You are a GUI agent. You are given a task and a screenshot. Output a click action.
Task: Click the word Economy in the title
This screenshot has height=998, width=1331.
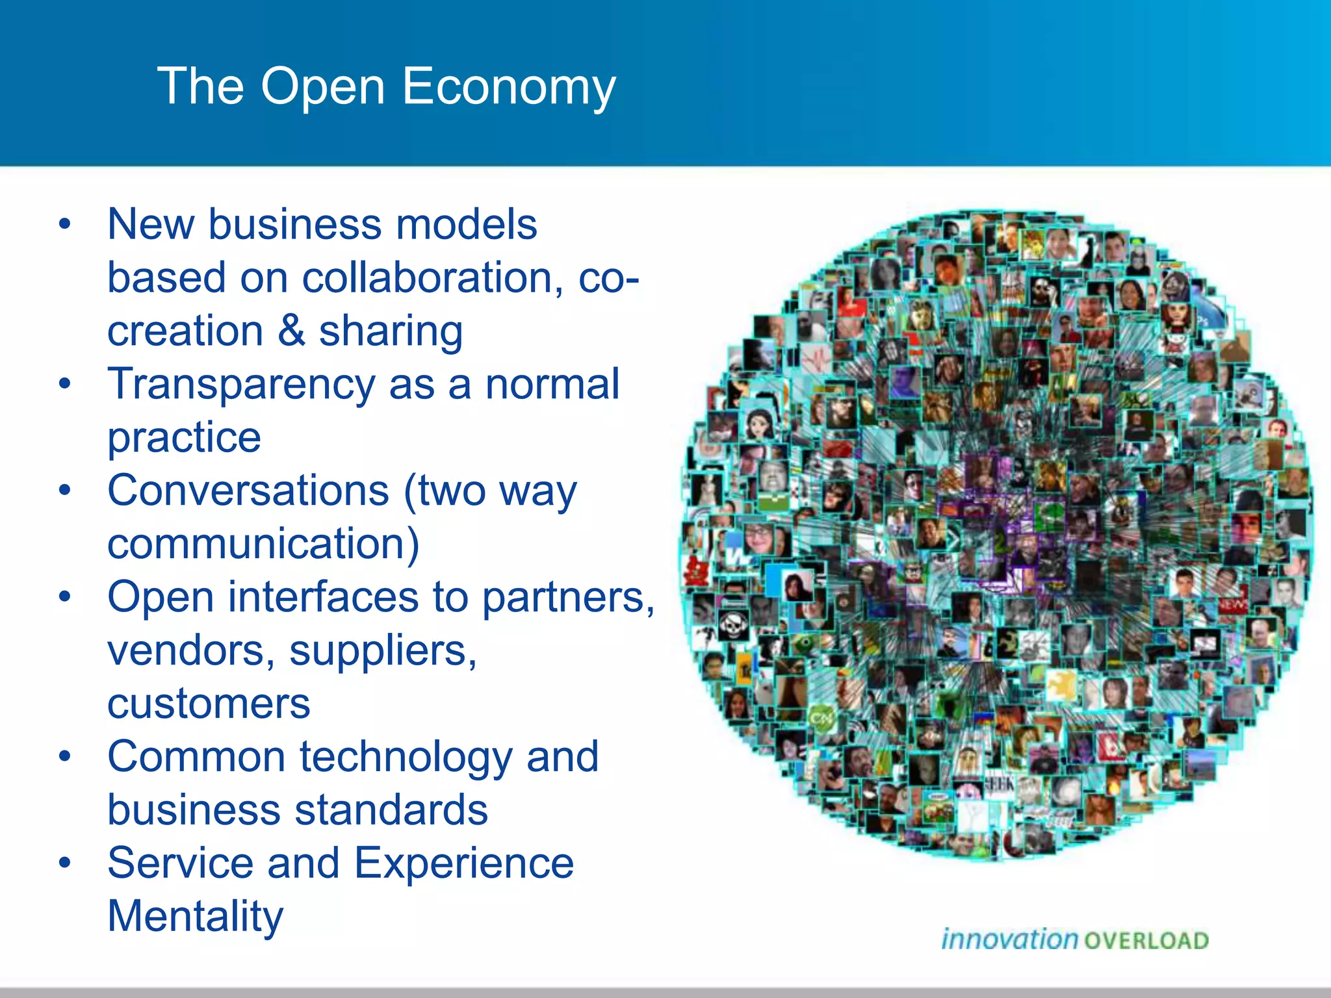pos(508,86)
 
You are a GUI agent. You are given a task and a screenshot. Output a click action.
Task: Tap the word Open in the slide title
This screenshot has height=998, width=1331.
pos(323,88)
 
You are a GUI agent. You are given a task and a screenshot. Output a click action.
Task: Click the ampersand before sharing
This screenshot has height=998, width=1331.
pos(291,331)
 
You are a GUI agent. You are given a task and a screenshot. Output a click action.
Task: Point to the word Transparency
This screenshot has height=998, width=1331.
pos(241,385)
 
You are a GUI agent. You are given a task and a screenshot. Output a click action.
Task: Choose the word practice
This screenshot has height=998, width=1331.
pos(184,439)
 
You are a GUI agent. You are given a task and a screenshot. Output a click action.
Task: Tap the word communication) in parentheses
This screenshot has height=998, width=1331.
pos(263,544)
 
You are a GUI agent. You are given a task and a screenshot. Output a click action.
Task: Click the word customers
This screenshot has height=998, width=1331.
pos(209,704)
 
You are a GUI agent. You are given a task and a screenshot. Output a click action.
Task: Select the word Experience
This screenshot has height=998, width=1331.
pos(464,864)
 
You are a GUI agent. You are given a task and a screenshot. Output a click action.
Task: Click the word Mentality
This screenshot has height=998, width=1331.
pos(195,917)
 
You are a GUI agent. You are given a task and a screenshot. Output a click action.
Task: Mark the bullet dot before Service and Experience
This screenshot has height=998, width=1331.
pos(64,864)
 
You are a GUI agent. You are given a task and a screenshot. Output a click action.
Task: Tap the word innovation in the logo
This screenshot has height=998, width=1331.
pos(1009,940)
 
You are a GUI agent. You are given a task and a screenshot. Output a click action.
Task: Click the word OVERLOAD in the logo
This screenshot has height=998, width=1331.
pos(1146,941)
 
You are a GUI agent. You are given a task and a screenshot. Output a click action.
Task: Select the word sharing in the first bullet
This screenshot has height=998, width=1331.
pos(391,332)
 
